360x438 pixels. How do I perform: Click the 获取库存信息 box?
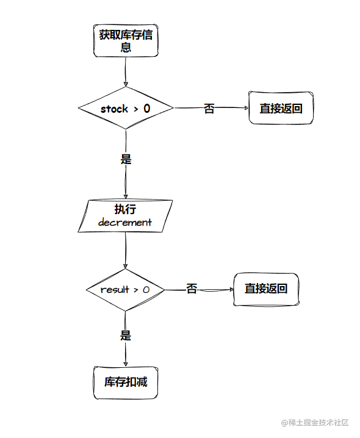pos(126,41)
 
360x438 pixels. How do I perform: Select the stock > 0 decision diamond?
pos(126,108)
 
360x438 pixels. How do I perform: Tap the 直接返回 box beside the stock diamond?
pos(281,108)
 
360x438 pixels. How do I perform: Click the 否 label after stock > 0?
pos(209,109)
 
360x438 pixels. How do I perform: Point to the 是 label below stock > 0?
pos(126,159)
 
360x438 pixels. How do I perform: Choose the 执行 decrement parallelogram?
pos(125,216)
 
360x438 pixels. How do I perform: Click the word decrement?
pos(125,222)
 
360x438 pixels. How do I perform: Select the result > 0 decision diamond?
pos(125,290)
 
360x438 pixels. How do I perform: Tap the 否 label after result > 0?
pos(192,289)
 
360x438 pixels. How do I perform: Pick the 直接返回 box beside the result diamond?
pos(266,289)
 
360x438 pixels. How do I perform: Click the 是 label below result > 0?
pos(126,335)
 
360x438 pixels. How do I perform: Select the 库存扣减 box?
pos(126,382)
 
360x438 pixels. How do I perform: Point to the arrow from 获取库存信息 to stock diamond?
pos(126,72)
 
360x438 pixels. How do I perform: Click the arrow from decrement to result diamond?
pos(126,251)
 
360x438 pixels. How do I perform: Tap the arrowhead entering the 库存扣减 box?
pos(126,364)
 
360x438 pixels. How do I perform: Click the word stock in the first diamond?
pos(114,109)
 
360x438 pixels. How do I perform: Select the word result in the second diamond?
pos(115,290)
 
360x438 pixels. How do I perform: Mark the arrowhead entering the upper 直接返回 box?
pos(246,108)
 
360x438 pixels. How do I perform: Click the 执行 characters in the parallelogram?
pos(125,209)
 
